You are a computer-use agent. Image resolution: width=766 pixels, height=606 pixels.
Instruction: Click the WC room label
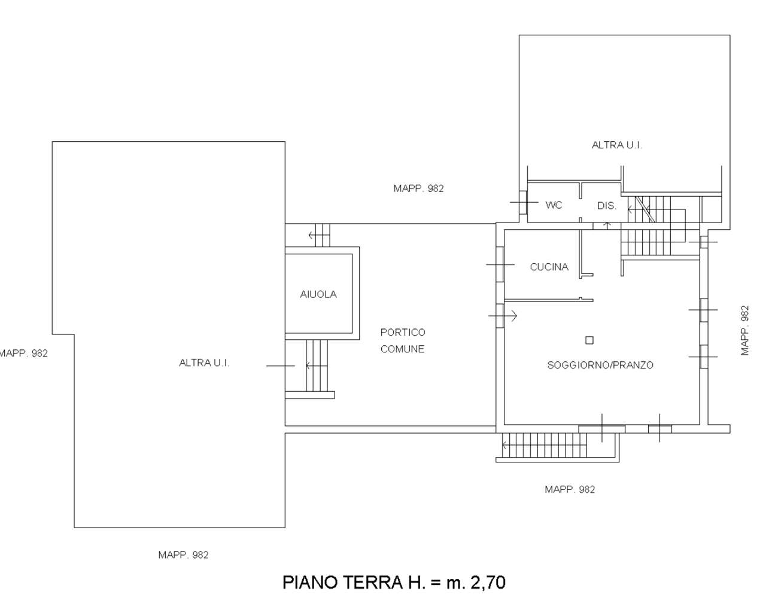(554, 205)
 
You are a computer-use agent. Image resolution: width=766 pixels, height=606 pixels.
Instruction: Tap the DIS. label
(607, 206)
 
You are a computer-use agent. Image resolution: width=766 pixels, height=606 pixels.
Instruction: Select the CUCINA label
(549, 267)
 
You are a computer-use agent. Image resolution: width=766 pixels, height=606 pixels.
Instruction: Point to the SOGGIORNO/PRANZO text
(600, 365)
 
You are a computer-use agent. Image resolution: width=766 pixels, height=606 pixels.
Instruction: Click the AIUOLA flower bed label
(318, 294)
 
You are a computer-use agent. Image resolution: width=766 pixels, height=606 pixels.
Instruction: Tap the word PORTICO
(403, 333)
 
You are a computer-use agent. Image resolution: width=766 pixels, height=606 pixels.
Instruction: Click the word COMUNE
(402, 349)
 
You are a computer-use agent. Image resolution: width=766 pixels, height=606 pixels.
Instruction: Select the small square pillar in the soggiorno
(589, 340)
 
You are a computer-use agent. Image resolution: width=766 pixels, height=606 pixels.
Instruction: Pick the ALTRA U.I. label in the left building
(204, 363)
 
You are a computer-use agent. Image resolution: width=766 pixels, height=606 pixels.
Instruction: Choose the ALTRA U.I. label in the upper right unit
(616, 145)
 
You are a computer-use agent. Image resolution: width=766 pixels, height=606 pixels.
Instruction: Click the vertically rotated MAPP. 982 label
(745, 330)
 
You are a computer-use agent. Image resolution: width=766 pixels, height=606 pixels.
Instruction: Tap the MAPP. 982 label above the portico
(418, 188)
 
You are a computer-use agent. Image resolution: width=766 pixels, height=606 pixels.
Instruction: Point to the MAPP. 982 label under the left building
(183, 555)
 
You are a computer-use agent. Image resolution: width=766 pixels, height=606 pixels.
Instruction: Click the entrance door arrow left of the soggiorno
(503, 316)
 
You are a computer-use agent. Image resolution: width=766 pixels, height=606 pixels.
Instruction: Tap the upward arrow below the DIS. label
(607, 226)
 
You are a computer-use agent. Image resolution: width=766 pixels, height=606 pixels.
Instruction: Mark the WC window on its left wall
(523, 202)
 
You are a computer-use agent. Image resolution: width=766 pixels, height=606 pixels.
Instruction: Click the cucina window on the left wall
(500, 264)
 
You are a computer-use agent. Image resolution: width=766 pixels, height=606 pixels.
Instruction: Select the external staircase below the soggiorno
(544, 445)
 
